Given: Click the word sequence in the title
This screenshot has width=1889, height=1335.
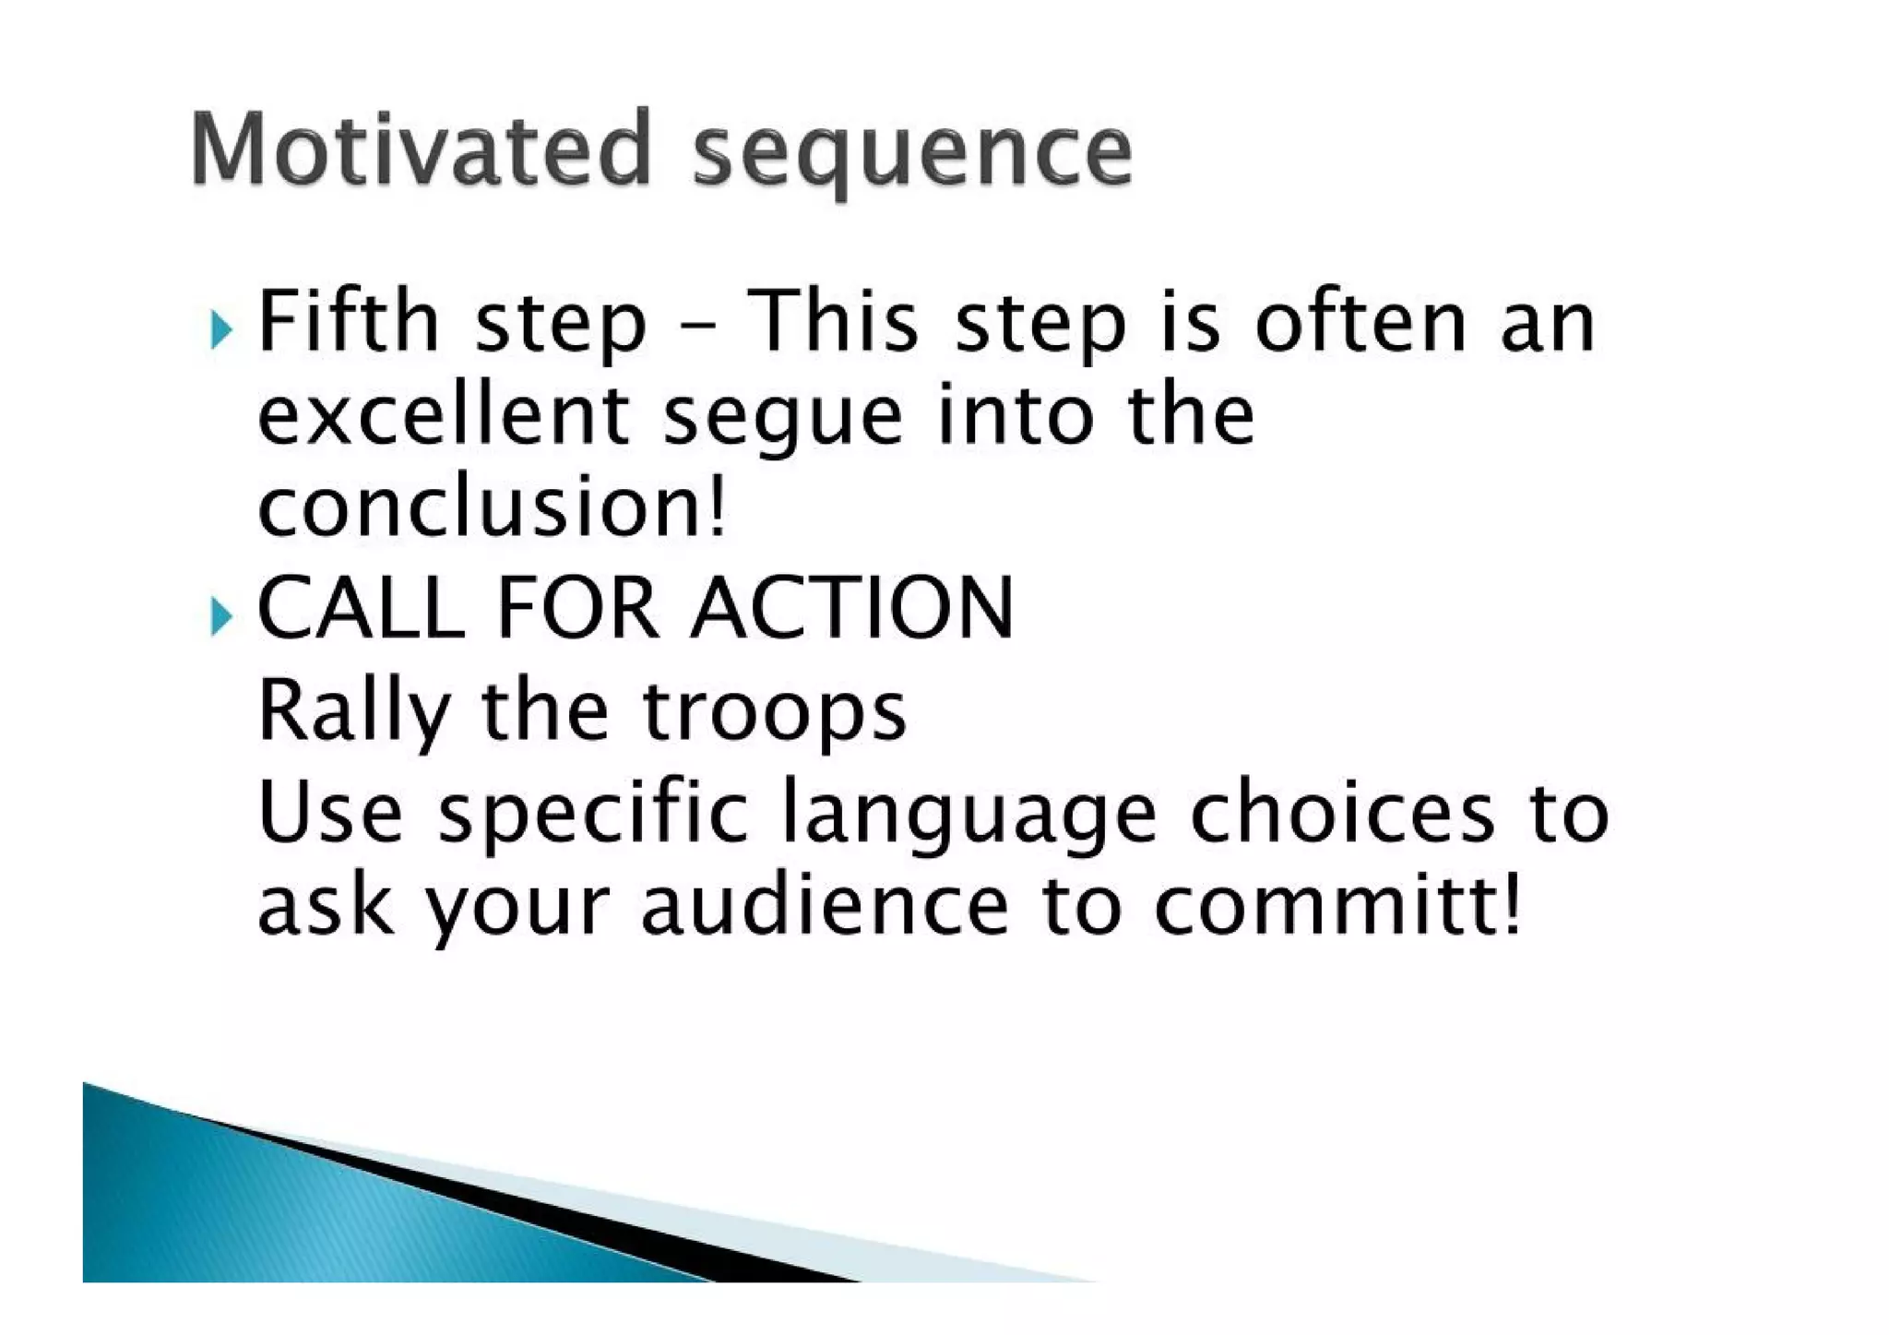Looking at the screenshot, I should (x=911, y=152).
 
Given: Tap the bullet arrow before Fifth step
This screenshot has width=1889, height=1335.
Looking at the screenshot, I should (x=220, y=329).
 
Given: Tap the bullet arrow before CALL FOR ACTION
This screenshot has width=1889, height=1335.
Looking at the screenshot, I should (x=220, y=615).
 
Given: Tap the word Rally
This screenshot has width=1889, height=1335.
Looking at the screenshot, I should (x=352, y=712).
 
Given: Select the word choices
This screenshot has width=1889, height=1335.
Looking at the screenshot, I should (x=1342, y=812).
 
